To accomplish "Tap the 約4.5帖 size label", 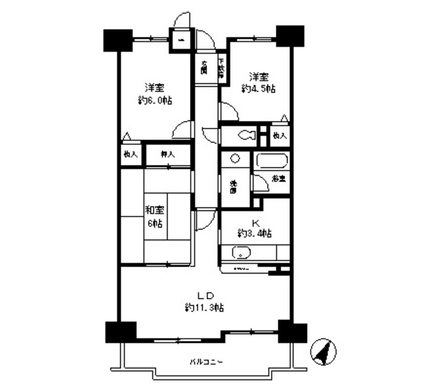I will pyautogui.click(x=258, y=89).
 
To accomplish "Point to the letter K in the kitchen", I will pyautogui.click(x=254, y=222).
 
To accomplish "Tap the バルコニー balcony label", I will pyautogui.click(x=206, y=361).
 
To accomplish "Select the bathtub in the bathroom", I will pyautogui.click(x=272, y=164).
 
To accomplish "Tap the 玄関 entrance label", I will pyautogui.click(x=204, y=68).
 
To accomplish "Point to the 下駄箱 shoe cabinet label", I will pyautogui.click(x=221, y=69).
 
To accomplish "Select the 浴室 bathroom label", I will pyautogui.click(x=278, y=179).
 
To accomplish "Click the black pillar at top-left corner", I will pyautogui.click(x=117, y=40).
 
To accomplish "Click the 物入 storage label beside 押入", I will pyautogui.click(x=130, y=155).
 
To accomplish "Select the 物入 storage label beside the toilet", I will pyautogui.click(x=279, y=135).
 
